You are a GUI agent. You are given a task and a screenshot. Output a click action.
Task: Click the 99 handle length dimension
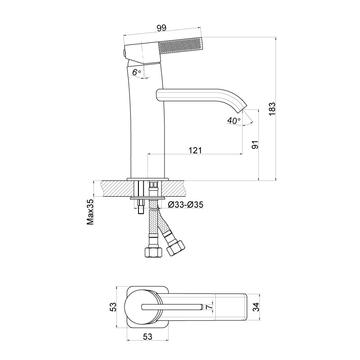pos(162,28)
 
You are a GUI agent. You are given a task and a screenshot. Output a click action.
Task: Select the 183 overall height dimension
pos(272,109)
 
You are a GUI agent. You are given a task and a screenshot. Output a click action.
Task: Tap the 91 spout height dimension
pos(255,144)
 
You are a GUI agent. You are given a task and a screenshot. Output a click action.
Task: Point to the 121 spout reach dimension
pos(195,150)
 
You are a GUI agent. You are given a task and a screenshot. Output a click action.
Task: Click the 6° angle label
pos(137,72)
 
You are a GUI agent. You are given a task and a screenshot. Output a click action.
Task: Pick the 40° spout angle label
pos(234,121)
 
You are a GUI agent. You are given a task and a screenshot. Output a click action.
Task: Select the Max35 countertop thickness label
pos(90,211)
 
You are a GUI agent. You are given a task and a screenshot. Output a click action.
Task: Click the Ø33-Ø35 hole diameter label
pos(186,204)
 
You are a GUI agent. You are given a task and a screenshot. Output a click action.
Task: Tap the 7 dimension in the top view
pos(208,307)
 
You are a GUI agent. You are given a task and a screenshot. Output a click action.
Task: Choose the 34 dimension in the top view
pos(256,307)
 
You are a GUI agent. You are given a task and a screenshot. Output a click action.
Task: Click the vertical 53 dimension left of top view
pos(113,307)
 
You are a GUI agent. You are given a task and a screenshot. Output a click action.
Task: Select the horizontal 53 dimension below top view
pos(147,337)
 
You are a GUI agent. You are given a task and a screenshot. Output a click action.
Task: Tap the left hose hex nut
pos(154,252)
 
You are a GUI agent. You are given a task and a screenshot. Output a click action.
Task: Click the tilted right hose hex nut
pos(176,248)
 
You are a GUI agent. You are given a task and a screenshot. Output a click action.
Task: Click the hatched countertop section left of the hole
pos(118,189)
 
